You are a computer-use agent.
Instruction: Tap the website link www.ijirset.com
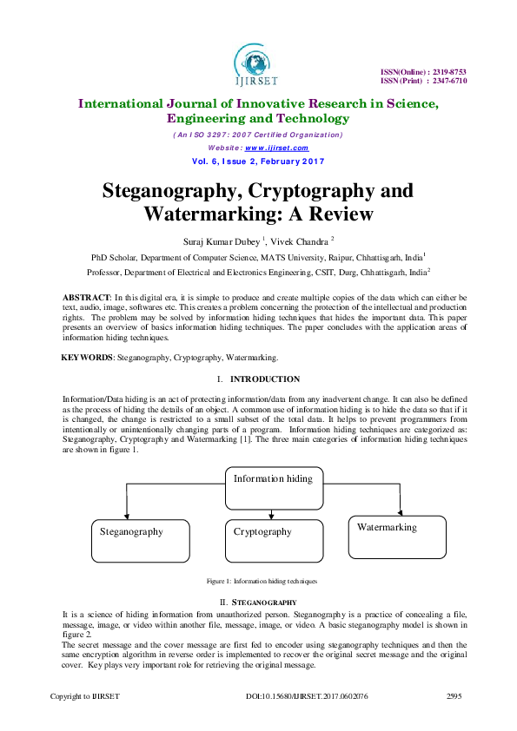tap(277, 148)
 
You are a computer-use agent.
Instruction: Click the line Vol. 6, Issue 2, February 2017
tap(258, 161)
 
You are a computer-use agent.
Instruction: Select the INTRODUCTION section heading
tap(265, 379)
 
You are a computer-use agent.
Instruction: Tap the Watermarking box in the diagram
tap(397, 537)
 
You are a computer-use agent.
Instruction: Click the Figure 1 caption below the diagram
tap(262, 580)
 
